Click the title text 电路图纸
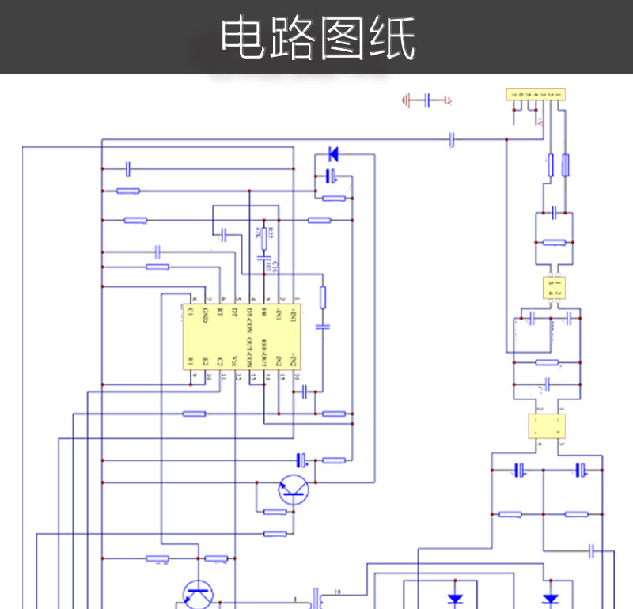click(x=317, y=37)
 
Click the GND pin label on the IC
click(x=205, y=314)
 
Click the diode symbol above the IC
click(x=333, y=153)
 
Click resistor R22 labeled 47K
click(x=264, y=235)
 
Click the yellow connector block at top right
click(x=535, y=94)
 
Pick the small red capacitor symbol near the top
click(x=428, y=100)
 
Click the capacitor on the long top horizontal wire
click(x=452, y=139)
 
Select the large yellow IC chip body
click(x=241, y=336)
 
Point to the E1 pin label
click(x=191, y=361)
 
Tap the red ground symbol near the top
click(x=407, y=100)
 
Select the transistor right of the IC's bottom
click(x=294, y=490)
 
